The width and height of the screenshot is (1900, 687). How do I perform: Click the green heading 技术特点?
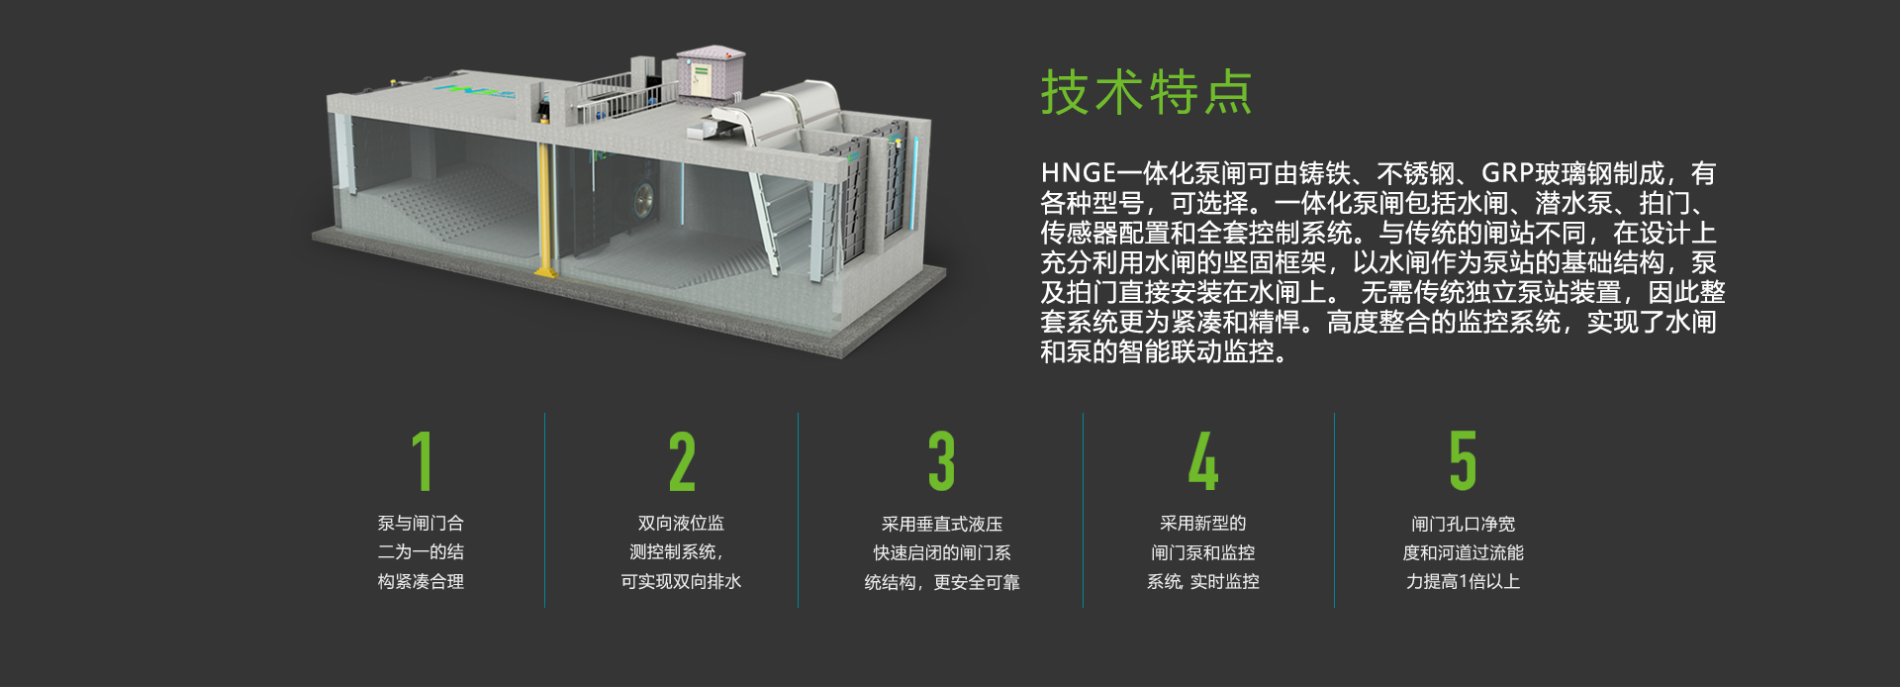pyautogui.click(x=1146, y=93)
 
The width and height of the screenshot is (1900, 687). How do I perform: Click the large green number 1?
pyautogui.click(x=423, y=461)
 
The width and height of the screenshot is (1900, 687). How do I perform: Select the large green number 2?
pyautogui.click(x=682, y=461)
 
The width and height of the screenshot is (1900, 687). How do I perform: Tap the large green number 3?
pyautogui.click(x=941, y=461)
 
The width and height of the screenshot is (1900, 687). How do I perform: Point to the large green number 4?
pyautogui.click(x=1202, y=461)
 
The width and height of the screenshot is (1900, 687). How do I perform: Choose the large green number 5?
pyautogui.click(x=1463, y=461)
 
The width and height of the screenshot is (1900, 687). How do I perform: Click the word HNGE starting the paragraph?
pyautogui.click(x=1078, y=174)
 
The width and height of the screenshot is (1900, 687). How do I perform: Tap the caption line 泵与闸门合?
pyautogui.click(x=421, y=523)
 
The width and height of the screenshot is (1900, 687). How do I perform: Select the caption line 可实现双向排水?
pyautogui.click(x=681, y=581)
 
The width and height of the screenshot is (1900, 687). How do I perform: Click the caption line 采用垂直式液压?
pyautogui.click(x=942, y=524)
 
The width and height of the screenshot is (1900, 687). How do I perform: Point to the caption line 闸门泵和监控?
pyautogui.click(x=1202, y=552)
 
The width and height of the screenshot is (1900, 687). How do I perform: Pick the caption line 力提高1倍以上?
pyautogui.click(x=1463, y=581)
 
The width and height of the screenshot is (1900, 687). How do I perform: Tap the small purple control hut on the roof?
pyautogui.click(x=709, y=71)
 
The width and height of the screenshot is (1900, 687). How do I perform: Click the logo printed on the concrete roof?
pyautogui.click(x=476, y=91)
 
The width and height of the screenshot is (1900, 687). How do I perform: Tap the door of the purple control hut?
pyautogui.click(x=701, y=80)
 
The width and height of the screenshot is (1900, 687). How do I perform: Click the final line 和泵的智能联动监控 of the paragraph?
pyautogui.click(x=1162, y=351)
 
